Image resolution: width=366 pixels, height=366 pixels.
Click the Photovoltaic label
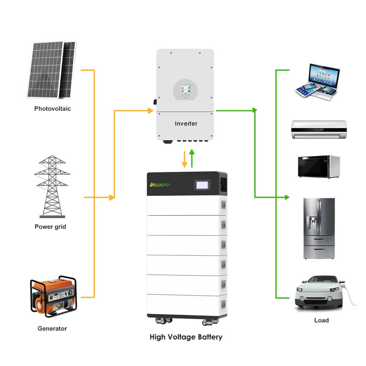52,109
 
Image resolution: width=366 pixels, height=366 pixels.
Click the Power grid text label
51,227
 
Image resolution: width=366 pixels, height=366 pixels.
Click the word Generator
52,329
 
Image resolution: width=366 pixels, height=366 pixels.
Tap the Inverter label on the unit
186,124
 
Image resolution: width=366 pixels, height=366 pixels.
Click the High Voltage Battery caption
186,337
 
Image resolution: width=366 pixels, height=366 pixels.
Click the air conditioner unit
318,129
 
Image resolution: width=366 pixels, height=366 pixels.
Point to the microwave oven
318,167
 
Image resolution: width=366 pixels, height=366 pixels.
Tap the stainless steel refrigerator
319,229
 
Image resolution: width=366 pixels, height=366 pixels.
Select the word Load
321,321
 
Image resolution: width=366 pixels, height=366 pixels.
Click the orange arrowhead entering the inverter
150,111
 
